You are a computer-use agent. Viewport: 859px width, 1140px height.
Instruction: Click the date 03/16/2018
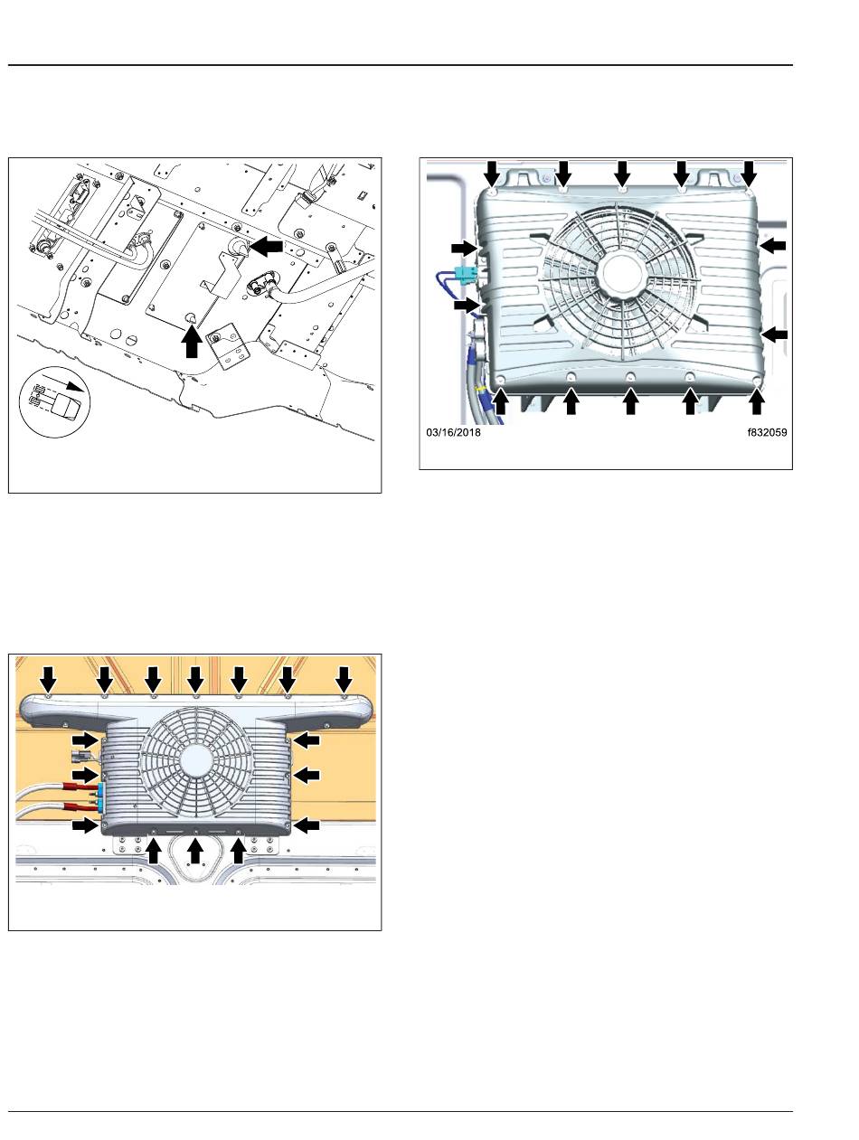point(453,432)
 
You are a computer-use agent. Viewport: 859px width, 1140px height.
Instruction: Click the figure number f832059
point(767,432)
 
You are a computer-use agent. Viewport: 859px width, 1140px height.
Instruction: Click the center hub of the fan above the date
point(621,275)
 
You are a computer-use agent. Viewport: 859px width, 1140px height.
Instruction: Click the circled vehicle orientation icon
point(54,401)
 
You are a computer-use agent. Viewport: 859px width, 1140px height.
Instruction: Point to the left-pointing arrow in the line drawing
point(267,248)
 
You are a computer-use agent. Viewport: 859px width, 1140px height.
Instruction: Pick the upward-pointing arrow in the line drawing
point(192,340)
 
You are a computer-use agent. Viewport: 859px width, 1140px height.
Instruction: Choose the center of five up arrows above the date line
point(630,402)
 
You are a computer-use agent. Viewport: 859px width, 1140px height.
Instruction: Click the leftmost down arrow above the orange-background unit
point(49,679)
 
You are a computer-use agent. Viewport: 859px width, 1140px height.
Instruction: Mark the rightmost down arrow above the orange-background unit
point(344,679)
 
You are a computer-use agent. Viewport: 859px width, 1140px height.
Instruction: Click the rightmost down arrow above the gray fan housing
point(749,173)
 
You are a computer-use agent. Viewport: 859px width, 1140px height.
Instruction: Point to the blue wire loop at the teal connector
point(446,283)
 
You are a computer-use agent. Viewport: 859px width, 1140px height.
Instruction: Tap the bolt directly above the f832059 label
point(756,382)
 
